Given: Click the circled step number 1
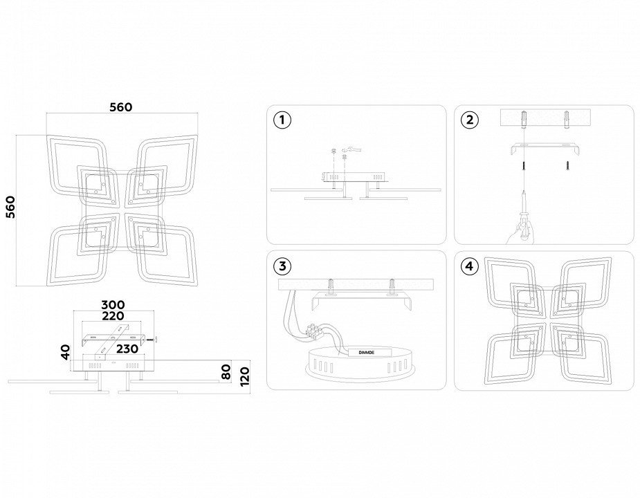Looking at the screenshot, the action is tap(282, 120).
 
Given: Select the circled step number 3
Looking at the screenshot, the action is tap(282, 266).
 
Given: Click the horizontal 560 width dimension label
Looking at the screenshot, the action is tap(121, 107).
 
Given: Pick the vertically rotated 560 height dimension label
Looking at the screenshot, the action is tap(10, 207).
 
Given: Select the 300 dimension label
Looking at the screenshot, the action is tap(113, 305).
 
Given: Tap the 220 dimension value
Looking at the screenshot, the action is tap(113, 316).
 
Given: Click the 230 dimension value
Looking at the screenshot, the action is tap(127, 349).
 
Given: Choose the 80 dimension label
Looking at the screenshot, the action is tap(226, 371).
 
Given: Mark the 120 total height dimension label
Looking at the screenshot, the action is tap(244, 376).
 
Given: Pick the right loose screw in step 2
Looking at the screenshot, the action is tap(567, 165).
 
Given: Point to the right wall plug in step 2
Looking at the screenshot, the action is tap(567, 119).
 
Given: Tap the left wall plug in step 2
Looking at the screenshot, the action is tap(523, 119).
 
